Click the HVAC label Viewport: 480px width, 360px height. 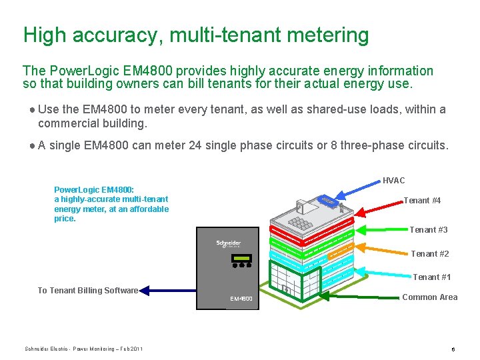(x=393, y=181)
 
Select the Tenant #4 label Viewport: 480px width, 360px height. (x=422, y=201)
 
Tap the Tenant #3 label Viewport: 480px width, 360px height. (x=428, y=230)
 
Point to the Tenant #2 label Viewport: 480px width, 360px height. (x=430, y=254)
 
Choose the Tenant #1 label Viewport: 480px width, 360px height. (x=432, y=277)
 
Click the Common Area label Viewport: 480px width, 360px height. (x=430, y=297)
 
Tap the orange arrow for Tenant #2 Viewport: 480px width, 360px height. (x=380, y=248)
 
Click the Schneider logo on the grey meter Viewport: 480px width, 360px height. (x=228, y=244)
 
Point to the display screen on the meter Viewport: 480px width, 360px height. (x=241, y=258)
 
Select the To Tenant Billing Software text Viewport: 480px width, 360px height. (x=87, y=291)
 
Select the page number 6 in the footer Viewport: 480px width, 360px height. (x=453, y=349)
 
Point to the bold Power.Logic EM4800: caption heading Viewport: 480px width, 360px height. (x=94, y=190)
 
